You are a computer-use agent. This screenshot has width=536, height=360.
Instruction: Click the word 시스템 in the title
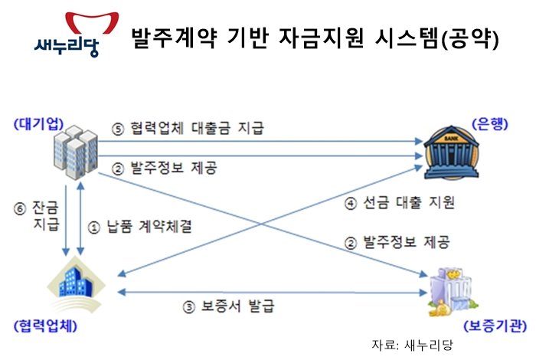tap(407, 38)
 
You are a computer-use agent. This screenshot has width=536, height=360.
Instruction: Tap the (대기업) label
tap(38, 124)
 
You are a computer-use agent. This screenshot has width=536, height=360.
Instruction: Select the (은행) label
tap(490, 124)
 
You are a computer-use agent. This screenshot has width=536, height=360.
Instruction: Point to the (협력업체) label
tap(45, 326)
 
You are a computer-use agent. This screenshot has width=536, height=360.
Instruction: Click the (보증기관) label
tap(495, 326)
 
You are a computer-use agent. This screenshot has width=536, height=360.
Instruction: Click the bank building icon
tap(451, 152)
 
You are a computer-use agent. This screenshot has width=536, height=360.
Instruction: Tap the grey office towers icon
tap(76, 152)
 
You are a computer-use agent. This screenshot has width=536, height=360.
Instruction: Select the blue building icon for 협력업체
tap(77, 284)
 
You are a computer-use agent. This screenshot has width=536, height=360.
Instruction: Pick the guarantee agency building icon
tap(453, 293)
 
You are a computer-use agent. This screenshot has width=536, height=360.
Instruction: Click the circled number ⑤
tap(118, 129)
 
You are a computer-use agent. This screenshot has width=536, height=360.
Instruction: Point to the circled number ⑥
tap(20, 208)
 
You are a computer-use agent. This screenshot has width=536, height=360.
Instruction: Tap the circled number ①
tap(94, 227)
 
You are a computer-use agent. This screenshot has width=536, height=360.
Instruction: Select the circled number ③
tap(188, 307)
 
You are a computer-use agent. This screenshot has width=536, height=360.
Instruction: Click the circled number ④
tap(351, 204)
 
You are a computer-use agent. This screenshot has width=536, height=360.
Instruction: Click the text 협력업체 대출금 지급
tap(198, 128)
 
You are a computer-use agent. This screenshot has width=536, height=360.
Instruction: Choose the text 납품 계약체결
tap(149, 226)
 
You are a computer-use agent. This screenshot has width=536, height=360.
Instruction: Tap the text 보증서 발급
tap(237, 306)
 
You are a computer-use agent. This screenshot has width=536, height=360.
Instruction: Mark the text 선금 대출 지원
tap(408, 202)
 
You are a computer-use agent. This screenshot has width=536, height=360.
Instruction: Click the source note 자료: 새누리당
tap(412, 345)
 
